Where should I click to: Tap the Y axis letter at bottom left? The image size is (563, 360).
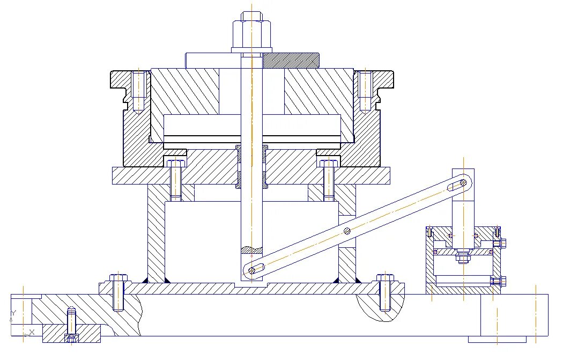pos(13,312)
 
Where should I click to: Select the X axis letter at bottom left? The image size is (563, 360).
pos(32,332)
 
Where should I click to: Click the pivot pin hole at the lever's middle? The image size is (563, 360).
pos(347,231)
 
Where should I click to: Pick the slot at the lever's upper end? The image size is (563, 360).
pos(456,185)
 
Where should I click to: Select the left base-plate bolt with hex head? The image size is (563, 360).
pos(118,292)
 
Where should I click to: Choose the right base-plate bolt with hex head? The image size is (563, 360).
pos(385,292)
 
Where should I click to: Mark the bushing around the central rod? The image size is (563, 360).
pos(252,166)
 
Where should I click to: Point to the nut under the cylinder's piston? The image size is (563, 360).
pos(462,259)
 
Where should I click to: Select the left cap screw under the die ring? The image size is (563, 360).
pos(175,180)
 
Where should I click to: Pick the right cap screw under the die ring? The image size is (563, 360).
pos(329,180)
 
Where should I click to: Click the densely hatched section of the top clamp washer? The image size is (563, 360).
pos(290,60)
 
